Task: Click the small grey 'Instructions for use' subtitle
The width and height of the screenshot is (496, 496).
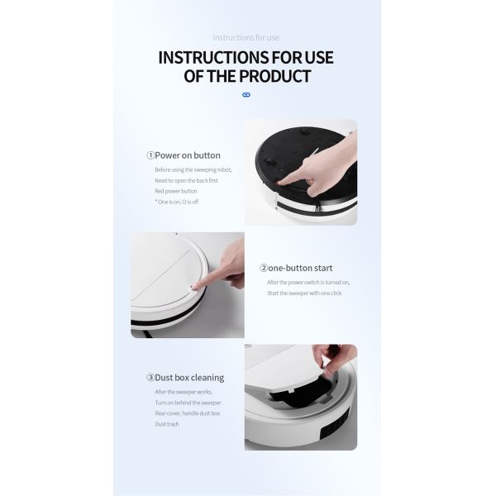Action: [246, 37]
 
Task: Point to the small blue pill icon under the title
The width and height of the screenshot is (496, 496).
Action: [246, 95]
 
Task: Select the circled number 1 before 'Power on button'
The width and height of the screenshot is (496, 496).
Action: [150, 155]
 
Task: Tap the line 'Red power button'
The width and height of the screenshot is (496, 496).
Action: [176, 190]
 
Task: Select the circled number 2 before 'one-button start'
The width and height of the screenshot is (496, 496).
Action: [264, 268]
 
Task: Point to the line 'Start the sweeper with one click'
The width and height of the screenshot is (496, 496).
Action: [303, 293]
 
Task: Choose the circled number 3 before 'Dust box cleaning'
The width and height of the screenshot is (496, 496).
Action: [150, 378]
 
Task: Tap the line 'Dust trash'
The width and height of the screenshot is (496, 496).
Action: [166, 424]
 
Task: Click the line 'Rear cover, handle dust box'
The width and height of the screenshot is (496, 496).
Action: [187, 413]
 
